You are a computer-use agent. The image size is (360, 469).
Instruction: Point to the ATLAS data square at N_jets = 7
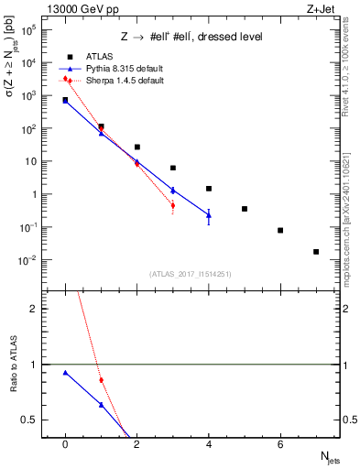point(316,251)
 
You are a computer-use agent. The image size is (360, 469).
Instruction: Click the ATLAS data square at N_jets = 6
point(280,230)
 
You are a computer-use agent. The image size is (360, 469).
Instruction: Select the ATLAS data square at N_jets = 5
point(245,209)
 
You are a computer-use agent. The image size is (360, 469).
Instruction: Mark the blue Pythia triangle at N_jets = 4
point(209,215)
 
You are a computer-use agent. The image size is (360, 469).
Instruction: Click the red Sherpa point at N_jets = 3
point(173,205)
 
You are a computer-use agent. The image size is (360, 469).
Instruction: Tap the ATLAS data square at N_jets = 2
point(137,147)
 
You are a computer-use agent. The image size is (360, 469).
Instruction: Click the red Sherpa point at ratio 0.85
point(101,380)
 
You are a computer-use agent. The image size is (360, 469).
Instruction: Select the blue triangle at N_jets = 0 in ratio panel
point(65,373)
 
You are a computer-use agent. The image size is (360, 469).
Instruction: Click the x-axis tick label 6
point(280,444)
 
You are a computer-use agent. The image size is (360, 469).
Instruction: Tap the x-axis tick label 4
point(209,444)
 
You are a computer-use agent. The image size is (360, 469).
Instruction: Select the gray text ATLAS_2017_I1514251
point(190,273)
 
